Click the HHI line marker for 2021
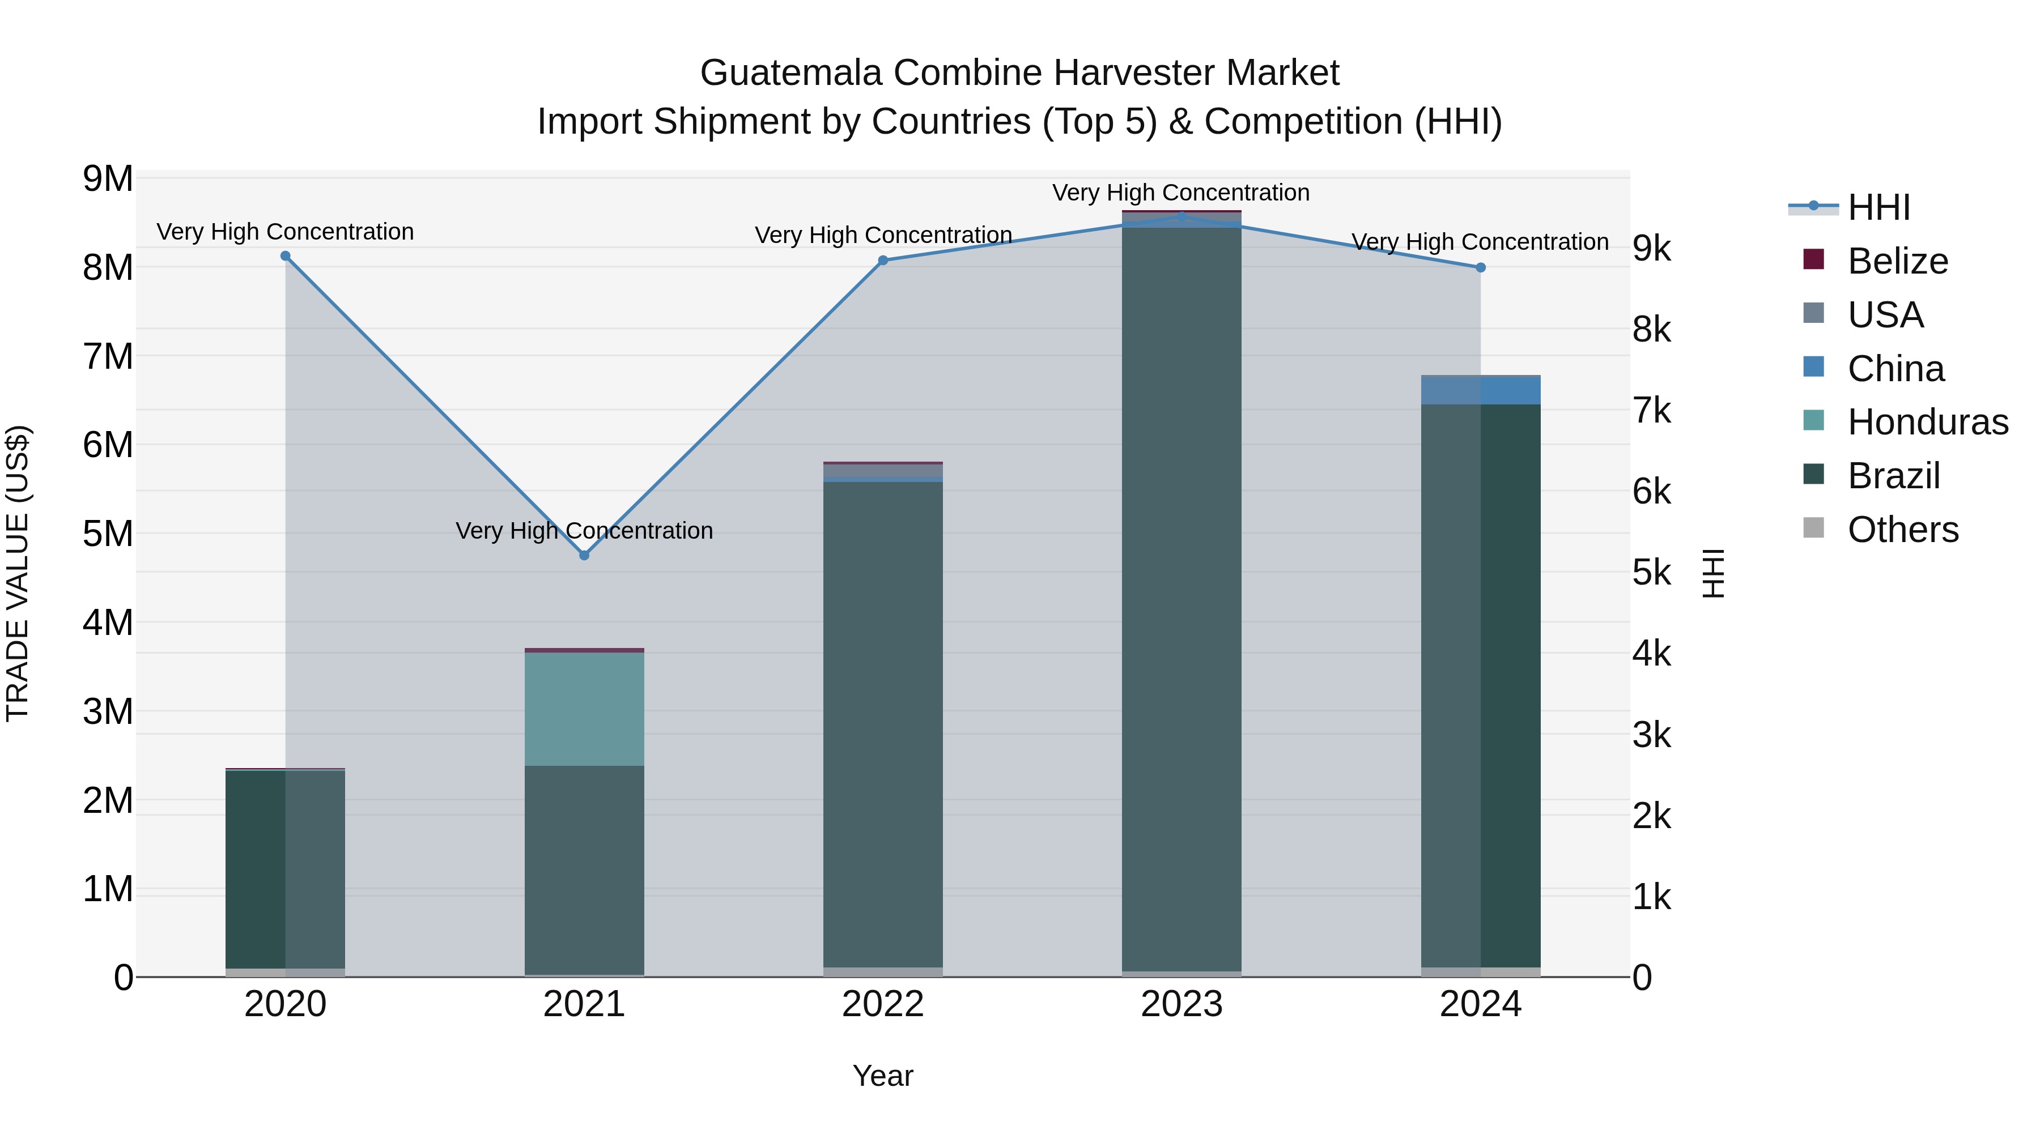(x=584, y=555)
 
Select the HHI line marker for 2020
(x=285, y=255)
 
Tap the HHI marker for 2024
(x=1480, y=267)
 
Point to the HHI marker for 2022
(x=883, y=261)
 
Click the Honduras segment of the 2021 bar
(x=584, y=709)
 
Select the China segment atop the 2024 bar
(x=1480, y=390)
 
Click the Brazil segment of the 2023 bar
(x=1181, y=594)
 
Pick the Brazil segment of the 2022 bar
(x=883, y=720)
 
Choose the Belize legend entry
(x=1897, y=261)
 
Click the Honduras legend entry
(x=1928, y=422)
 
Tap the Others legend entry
(x=1902, y=530)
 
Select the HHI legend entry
(x=1878, y=207)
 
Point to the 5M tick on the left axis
(x=108, y=534)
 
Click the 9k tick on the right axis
(x=1651, y=249)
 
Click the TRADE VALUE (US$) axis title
(x=18, y=573)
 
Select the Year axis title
(x=883, y=1076)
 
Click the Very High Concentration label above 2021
(x=584, y=530)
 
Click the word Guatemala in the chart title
(x=793, y=73)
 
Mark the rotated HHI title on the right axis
(x=1713, y=573)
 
